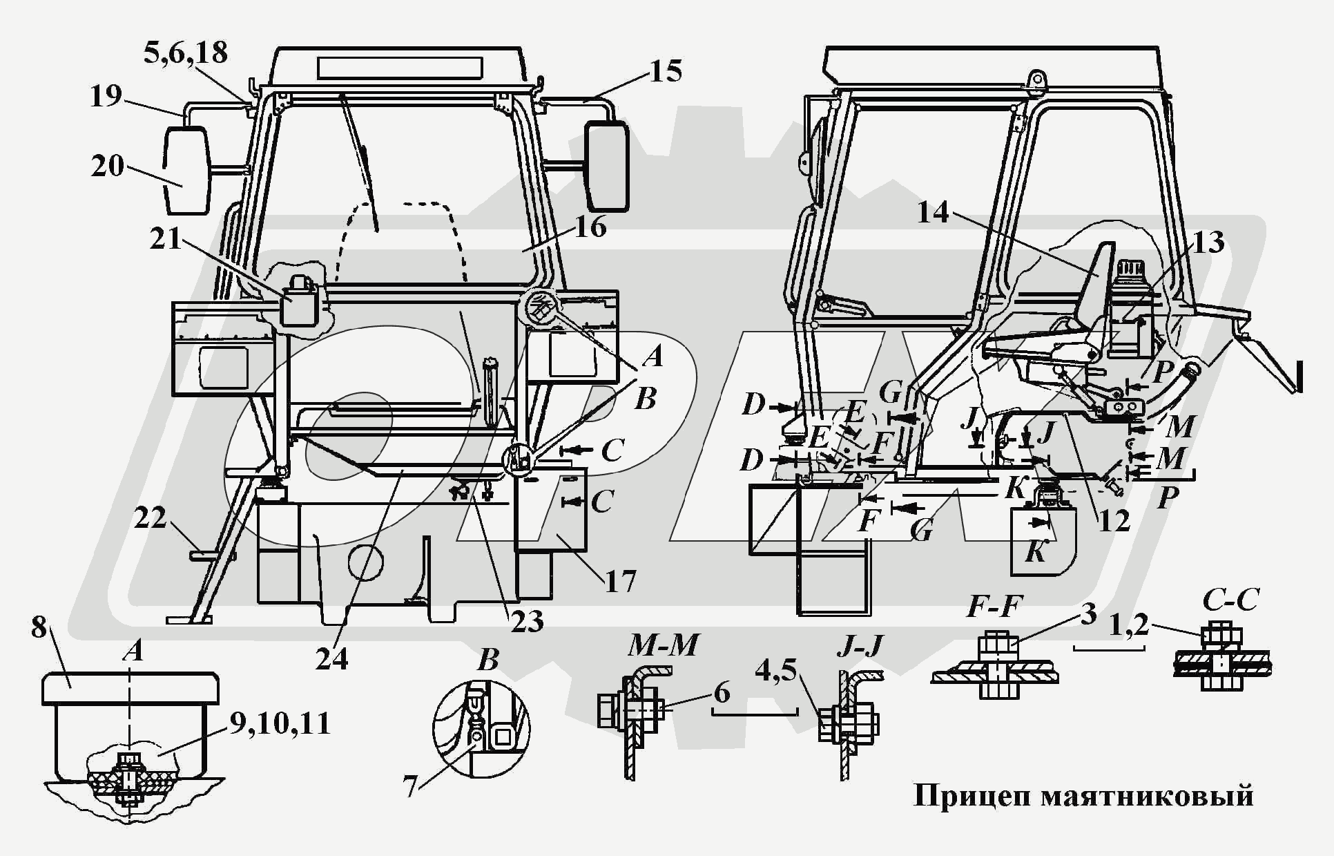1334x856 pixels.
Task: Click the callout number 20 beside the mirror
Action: [107, 166]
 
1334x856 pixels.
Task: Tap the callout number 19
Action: [105, 96]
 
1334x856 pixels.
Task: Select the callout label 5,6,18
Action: [185, 53]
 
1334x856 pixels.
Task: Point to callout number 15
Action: [665, 71]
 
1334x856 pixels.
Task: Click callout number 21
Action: [165, 239]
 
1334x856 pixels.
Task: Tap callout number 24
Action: [331, 659]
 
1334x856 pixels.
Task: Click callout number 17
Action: [619, 581]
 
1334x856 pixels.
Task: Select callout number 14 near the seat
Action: [934, 212]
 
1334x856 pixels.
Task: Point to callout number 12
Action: [1113, 520]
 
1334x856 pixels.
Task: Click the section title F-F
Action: [994, 607]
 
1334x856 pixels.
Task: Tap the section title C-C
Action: [1230, 600]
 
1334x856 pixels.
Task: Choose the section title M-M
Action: [663, 646]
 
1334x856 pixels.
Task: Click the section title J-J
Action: [860, 646]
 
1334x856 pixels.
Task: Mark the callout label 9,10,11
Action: [280, 723]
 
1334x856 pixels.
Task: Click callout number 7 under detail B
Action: [411, 786]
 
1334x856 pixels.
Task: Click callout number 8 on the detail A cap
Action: [39, 627]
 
